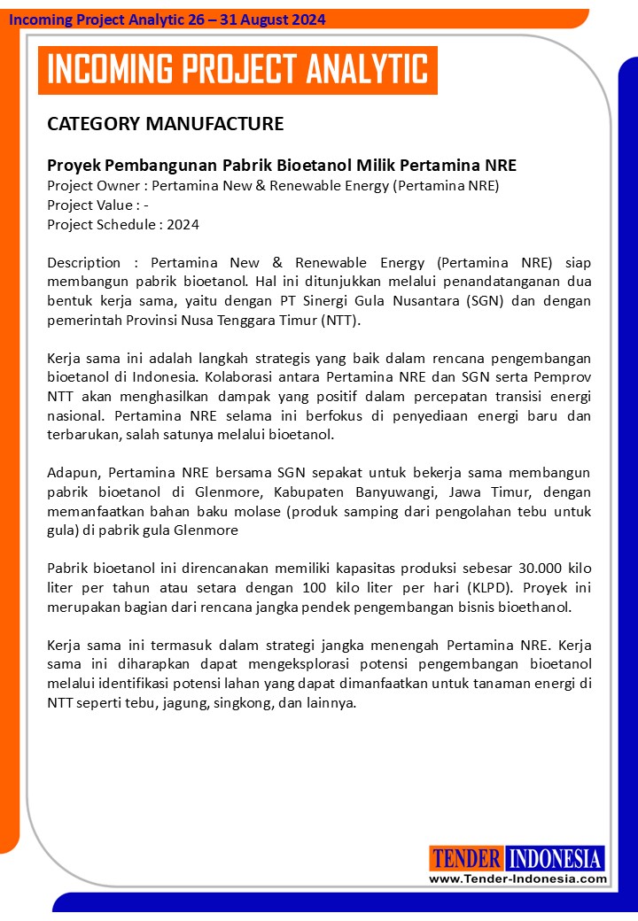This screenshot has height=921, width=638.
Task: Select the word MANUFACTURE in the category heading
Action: click(x=214, y=123)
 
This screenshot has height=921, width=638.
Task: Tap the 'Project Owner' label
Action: click(x=97, y=185)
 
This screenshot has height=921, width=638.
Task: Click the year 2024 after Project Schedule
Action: click(x=183, y=224)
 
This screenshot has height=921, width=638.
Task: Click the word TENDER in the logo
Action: click(x=467, y=858)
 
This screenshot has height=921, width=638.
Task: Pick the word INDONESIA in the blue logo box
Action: click(x=556, y=858)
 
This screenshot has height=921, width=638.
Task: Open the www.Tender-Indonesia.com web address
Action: click(x=517, y=878)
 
